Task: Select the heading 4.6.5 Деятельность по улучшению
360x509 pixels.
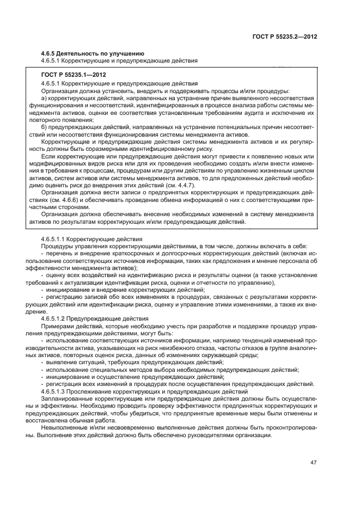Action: pyautogui.click(x=93, y=53)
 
